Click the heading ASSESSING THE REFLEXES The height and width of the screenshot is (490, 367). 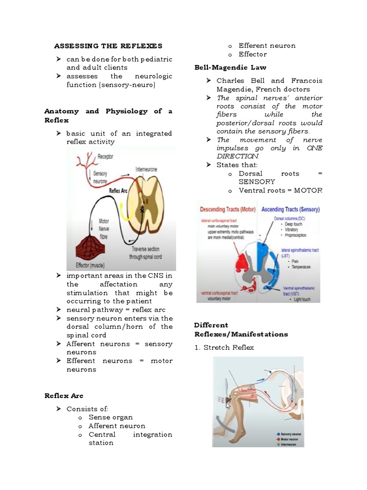[x=108, y=46]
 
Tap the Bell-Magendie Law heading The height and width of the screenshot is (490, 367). [x=230, y=67]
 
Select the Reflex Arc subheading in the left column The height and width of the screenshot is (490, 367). [x=64, y=396]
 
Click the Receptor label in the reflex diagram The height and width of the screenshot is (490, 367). [x=105, y=156]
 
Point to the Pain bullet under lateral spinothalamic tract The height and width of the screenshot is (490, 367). [x=291, y=261]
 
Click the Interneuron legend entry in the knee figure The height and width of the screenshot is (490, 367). [x=290, y=444]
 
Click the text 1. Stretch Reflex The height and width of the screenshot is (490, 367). [x=224, y=347]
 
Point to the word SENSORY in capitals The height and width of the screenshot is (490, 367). [x=257, y=182]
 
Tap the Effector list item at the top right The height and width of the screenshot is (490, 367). [x=252, y=54]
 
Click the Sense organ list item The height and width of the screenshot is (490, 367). [x=110, y=417]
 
